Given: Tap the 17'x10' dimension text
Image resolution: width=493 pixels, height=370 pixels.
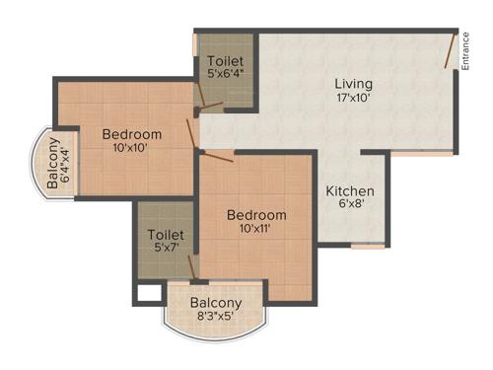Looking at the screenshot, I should [x=353, y=99].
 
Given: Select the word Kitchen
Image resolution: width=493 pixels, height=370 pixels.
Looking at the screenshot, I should [x=350, y=190].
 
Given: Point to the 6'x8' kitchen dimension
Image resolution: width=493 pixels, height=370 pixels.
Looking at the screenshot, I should [x=350, y=206].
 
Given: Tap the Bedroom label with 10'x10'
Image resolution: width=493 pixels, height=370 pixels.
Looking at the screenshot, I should [x=131, y=134].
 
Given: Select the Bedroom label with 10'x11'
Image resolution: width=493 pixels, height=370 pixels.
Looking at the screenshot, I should [x=256, y=214].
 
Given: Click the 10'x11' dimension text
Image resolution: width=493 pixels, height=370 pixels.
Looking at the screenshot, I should [x=256, y=229].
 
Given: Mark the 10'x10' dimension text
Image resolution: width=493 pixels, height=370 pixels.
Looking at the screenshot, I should [x=131, y=148].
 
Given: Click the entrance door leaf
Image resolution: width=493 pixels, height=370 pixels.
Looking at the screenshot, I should [x=452, y=50].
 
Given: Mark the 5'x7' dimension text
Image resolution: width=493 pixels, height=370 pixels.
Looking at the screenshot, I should [x=163, y=249].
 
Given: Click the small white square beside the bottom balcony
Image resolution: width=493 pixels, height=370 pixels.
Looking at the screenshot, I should [x=149, y=293].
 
